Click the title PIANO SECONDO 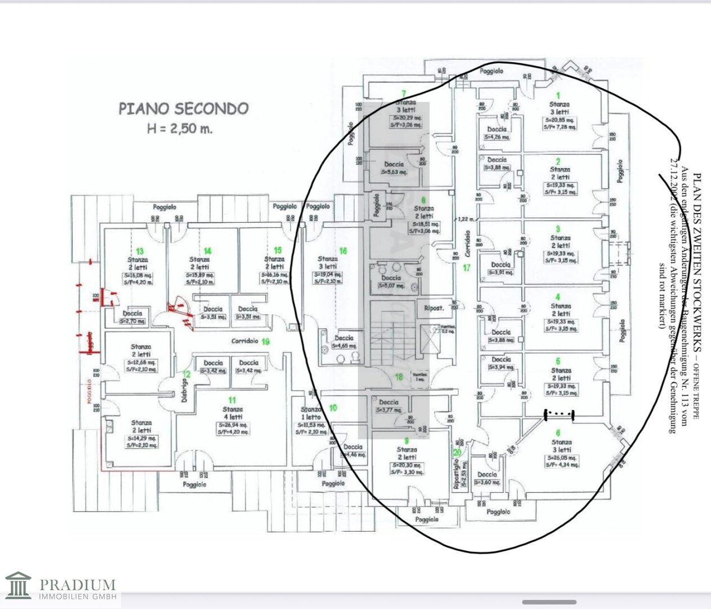click(183, 108)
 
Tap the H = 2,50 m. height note click(180, 129)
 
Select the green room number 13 click(139, 251)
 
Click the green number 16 click(343, 251)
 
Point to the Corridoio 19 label click(250, 341)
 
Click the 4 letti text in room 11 click(233, 417)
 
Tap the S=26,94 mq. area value click(233, 425)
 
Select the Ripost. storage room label click(434, 308)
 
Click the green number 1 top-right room click(558, 95)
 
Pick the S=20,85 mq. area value click(559, 120)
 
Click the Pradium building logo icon click(18, 586)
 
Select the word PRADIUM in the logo click(78, 584)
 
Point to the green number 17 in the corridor click(466, 268)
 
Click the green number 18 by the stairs click(399, 377)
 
